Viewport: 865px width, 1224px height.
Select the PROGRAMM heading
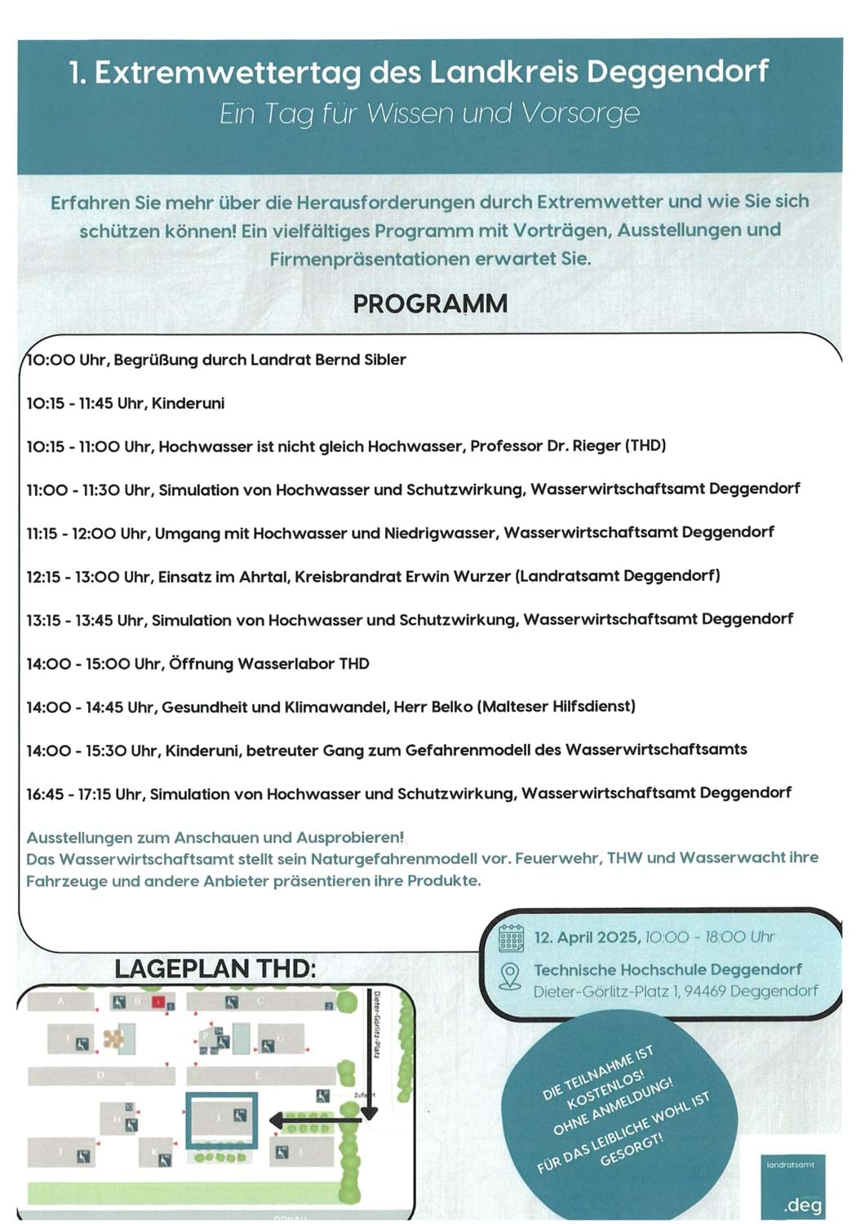[430, 304]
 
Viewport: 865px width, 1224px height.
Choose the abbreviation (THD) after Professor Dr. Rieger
[645, 446]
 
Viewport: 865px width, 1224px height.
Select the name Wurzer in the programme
[481, 576]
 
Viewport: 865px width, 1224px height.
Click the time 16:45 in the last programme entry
[46, 793]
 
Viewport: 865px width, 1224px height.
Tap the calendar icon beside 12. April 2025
[511, 938]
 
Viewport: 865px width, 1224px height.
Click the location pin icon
[510, 976]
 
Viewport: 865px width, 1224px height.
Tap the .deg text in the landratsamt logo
[802, 1204]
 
